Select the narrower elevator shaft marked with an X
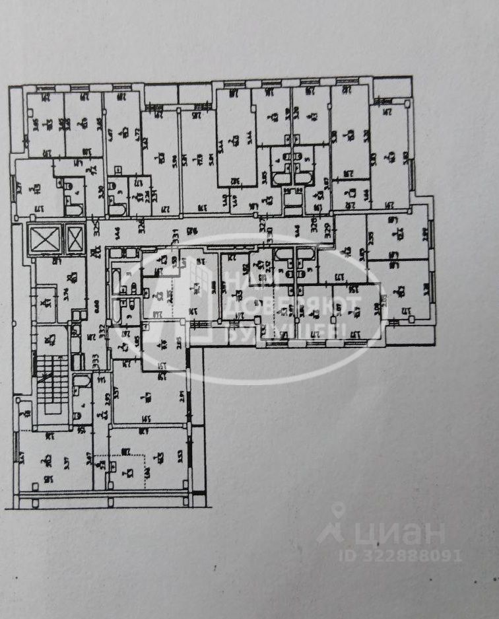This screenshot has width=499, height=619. coord(75,238)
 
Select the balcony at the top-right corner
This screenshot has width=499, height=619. coord(392,88)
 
